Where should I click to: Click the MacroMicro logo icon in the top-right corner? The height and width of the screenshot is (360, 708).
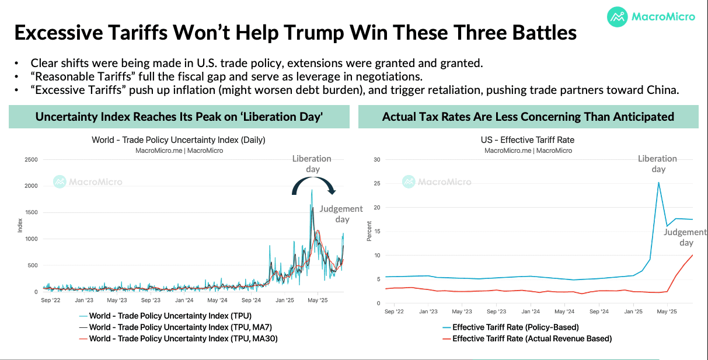coord(617,17)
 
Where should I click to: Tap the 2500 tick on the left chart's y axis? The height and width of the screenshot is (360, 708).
coord(31,160)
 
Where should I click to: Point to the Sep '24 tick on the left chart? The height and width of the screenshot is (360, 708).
coord(251,300)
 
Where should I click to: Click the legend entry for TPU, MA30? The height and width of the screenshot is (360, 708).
coord(179,338)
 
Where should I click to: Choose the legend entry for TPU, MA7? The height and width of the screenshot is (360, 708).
coord(176,327)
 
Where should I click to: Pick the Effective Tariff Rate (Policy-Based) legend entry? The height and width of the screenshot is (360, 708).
coord(511,327)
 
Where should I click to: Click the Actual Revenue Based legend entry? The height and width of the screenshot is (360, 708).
coord(527,338)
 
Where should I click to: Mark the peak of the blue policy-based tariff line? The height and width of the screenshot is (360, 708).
coord(658,183)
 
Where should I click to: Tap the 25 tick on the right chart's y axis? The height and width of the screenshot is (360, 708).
coord(376,183)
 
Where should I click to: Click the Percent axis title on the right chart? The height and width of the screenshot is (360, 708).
coord(369,231)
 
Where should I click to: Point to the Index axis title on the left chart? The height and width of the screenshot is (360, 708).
coord(20,225)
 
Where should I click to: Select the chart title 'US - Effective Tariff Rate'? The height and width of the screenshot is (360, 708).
coord(528,139)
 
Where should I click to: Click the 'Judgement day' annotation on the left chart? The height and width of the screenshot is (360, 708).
coord(341,214)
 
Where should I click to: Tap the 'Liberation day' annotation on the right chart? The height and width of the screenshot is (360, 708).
coord(657,164)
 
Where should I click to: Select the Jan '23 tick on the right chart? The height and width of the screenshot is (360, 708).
coord(428,312)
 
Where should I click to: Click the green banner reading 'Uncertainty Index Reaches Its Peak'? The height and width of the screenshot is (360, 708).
coord(179,117)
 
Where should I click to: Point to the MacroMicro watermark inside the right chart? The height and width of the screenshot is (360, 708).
coord(437,181)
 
